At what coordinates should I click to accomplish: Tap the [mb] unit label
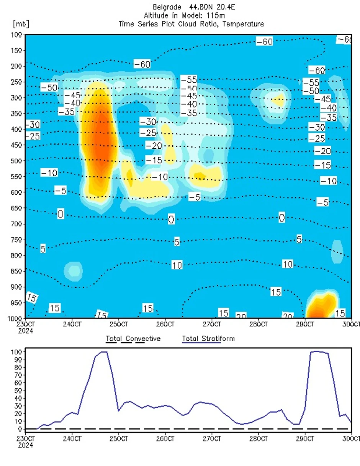tap(21, 24)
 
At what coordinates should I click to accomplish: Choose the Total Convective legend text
tap(133, 339)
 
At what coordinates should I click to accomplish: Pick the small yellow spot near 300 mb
tap(278, 100)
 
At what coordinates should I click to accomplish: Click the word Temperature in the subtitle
tap(245, 24)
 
